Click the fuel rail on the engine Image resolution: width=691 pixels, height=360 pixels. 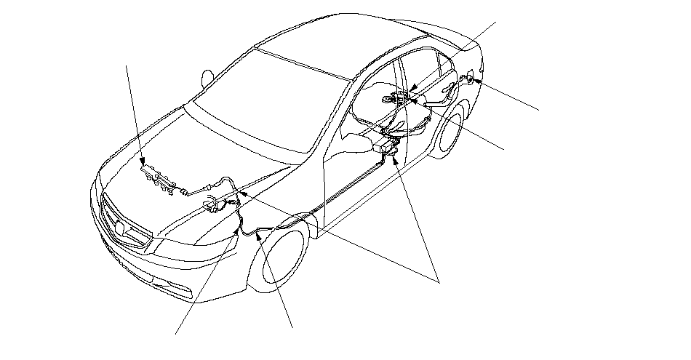[159, 177]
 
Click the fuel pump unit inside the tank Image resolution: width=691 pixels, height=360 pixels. [401, 96]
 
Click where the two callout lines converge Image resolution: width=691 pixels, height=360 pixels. [439, 279]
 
